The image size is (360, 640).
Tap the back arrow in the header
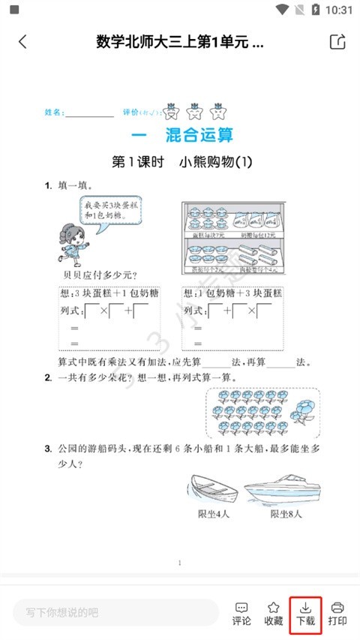pos(22,42)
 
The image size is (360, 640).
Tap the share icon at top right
pos(337,42)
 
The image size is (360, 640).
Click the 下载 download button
pos(304,612)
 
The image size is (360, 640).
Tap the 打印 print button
pos(337,612)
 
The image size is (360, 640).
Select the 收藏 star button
pos(274,612)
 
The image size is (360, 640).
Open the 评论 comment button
pos(241,612)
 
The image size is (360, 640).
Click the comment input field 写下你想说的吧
pos(112,612)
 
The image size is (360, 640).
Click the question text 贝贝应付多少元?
pos(94,275)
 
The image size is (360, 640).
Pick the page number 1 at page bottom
pos(179,562)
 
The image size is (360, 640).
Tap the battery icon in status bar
pos(316,10)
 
